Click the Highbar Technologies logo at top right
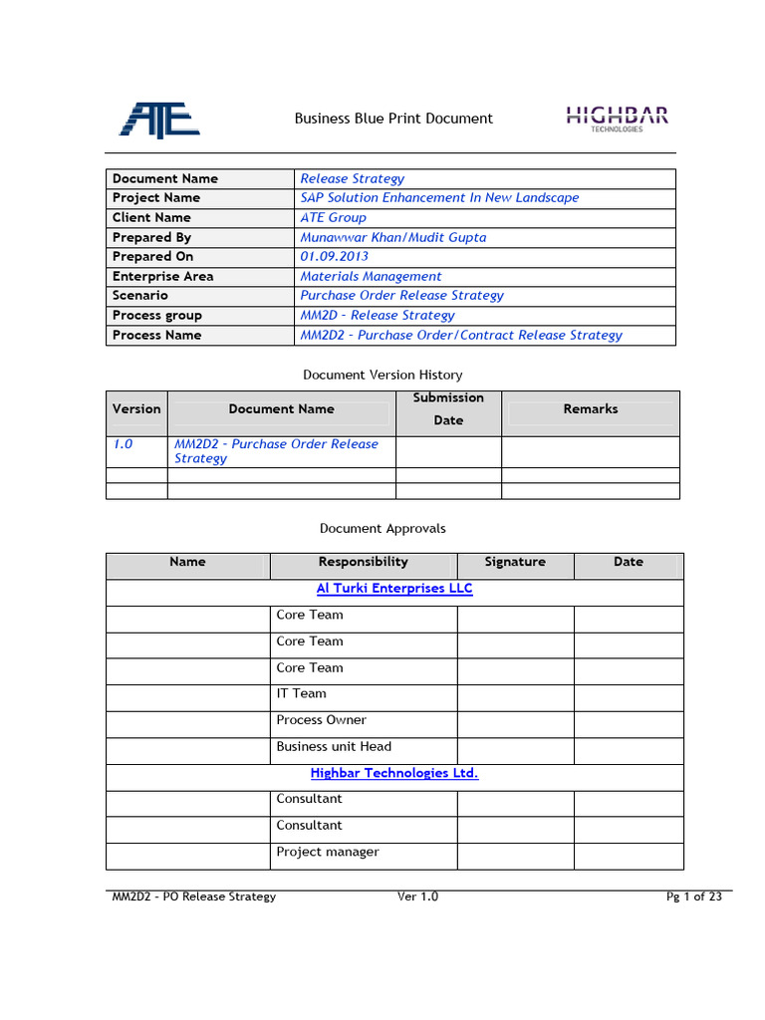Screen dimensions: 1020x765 click(x=617, y=119)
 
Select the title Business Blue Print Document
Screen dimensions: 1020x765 click(x=393, y=119)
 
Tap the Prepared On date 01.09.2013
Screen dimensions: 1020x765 click(x=334, y=257)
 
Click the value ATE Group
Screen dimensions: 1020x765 click(x=334, y=217)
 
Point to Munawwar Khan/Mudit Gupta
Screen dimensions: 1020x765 click(x=393, y=237)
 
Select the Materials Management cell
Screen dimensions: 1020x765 click(x=371, y=276)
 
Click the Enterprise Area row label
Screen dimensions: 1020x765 click(x=162, y=276)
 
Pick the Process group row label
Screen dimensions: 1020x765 click(x=157, y=315)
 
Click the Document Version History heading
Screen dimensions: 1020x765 click(x=382, y=375)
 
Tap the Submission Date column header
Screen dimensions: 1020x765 click(x=448, y=408)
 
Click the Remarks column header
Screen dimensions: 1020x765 click(x=590, y=408)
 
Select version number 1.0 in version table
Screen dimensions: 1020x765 click(x=123, y=444)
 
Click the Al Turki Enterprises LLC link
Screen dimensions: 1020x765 click(x=394, y=589)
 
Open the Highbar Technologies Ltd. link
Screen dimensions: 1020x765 click(x=394, y=773)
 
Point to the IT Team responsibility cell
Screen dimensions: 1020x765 click(x=302, y=693)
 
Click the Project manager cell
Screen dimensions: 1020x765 click(x=328, y=852)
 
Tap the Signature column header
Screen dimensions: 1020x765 click(x=515, y=562)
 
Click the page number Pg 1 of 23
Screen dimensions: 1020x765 click(x=693, y=896)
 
